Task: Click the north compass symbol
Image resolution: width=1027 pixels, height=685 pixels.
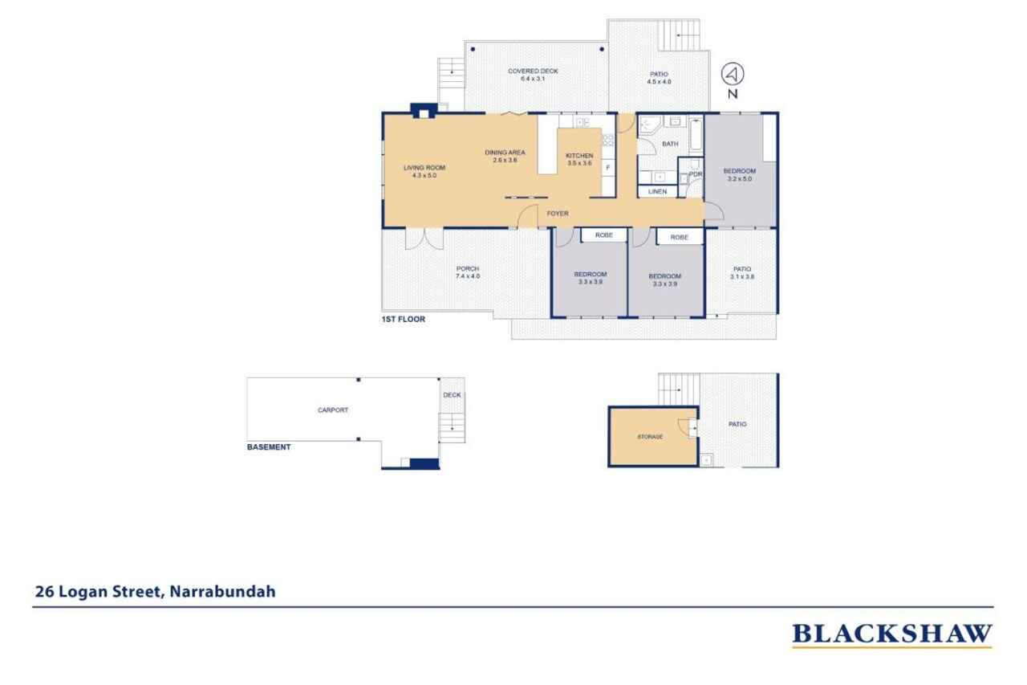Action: [733, 75]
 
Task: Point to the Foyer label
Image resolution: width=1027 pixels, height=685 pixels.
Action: [558, 214]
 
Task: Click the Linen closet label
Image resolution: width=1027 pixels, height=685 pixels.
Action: [657, 192]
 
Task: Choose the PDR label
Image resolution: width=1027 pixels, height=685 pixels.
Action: [695, 174]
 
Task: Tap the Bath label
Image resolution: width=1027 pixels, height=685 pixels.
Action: [670, 145]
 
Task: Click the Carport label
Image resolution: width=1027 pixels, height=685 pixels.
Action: [333, 410]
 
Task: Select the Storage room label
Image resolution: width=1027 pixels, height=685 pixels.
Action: [650, 437]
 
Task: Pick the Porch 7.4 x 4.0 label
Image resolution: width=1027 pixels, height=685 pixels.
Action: [468, 272]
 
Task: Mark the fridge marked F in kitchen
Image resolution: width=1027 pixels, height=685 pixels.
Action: [607, 167]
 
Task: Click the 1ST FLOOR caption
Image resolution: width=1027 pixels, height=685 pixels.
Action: [403, 320]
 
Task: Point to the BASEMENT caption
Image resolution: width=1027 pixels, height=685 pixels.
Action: [268, 447]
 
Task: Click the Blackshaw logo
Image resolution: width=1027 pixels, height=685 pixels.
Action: [891, 634]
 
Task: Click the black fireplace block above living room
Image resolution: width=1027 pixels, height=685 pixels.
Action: [420, 110]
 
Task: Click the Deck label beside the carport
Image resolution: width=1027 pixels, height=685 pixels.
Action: [452, 395]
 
